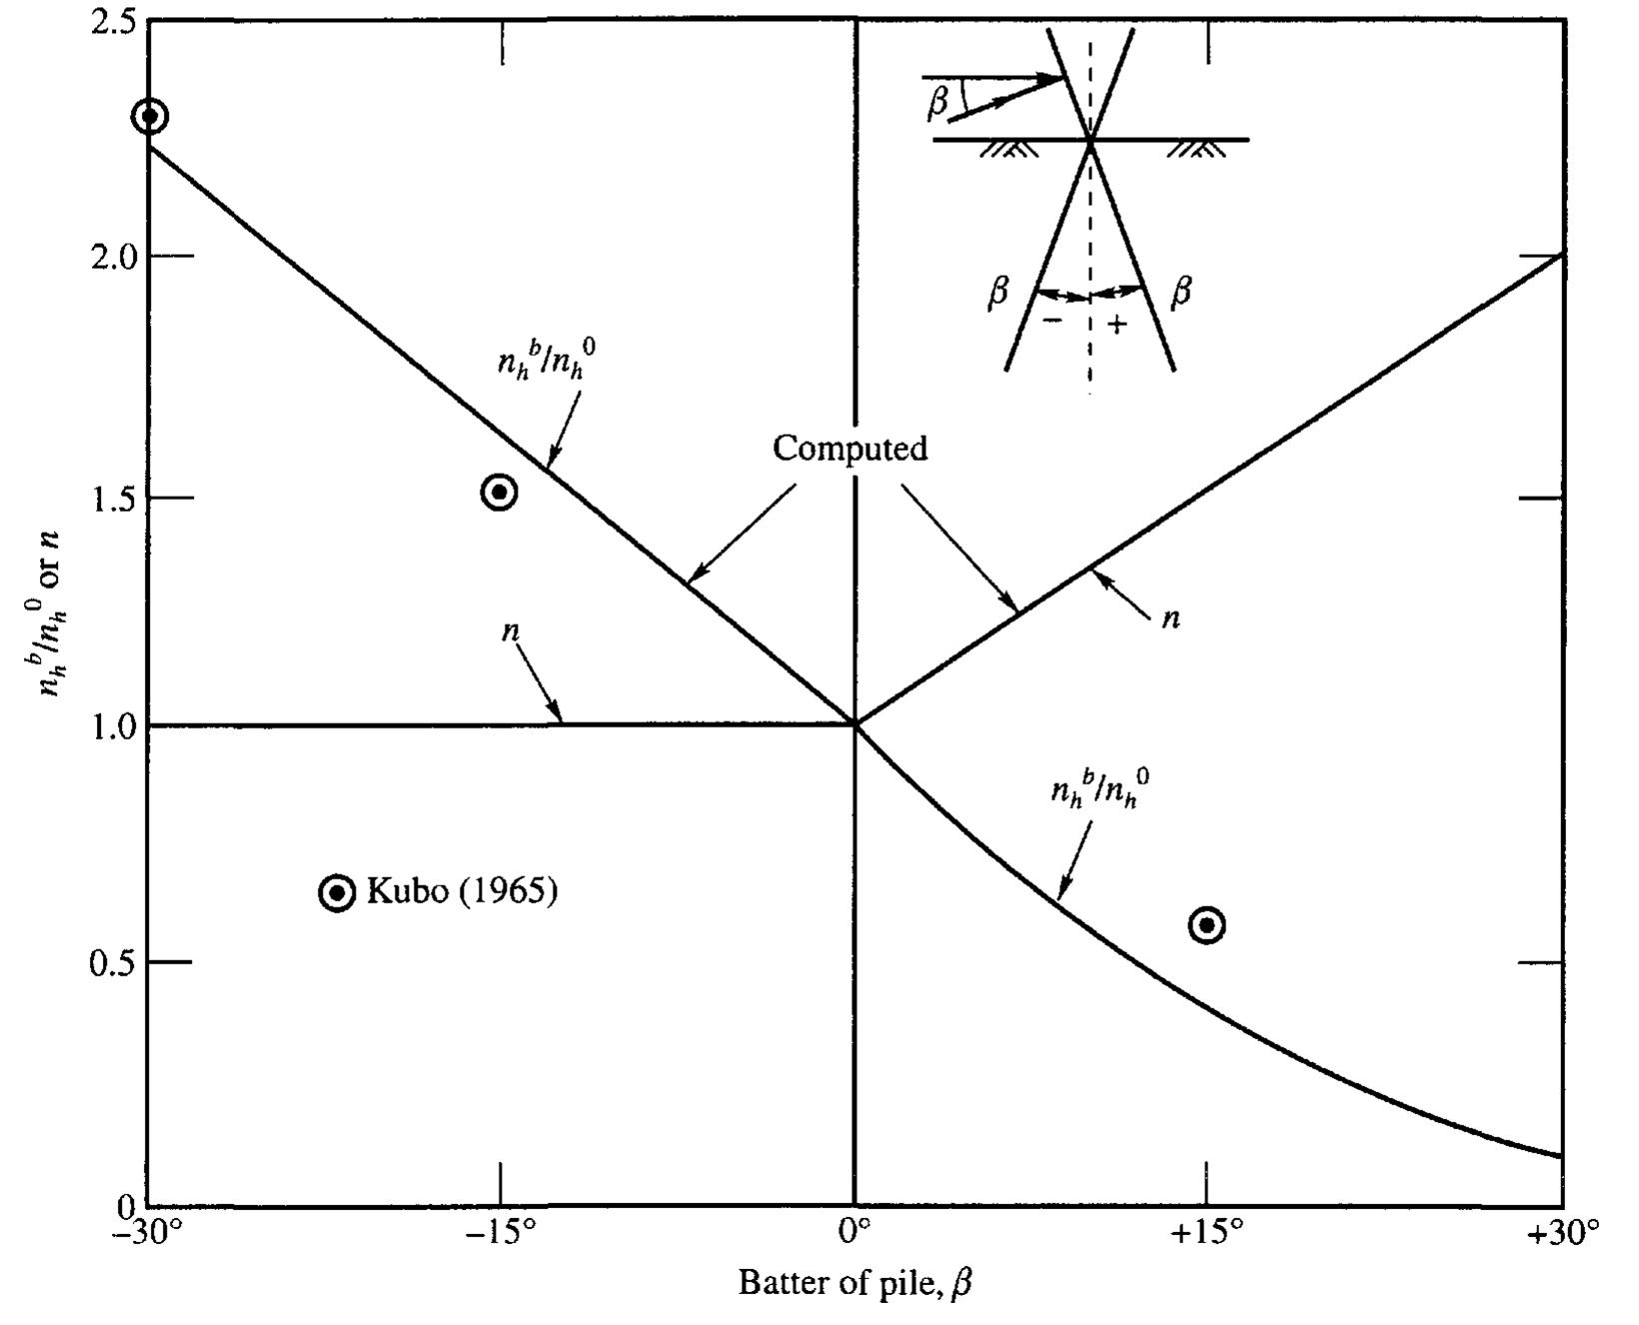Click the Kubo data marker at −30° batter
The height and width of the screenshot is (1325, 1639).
click(150, 116)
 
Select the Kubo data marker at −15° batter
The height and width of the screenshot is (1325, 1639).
click(499, 492)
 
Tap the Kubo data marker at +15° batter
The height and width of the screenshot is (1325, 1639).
click(1207, 925)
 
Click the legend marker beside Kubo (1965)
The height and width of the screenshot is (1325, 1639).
click(337, 892)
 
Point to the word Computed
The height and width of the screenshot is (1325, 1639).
click(849, 449)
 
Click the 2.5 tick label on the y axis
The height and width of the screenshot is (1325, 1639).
click(113, 22)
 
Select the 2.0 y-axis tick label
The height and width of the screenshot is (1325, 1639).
click(113, 257)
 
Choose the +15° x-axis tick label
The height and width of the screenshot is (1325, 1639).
click(1207, 1235)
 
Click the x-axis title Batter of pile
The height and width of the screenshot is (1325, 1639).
click(854, 1282)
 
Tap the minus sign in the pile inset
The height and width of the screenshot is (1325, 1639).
click(1052, 321)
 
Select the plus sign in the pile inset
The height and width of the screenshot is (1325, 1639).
click(1117, 323)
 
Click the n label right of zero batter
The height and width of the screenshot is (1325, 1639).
click(1171, 619)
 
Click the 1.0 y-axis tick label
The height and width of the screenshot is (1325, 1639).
click(113, 726)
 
